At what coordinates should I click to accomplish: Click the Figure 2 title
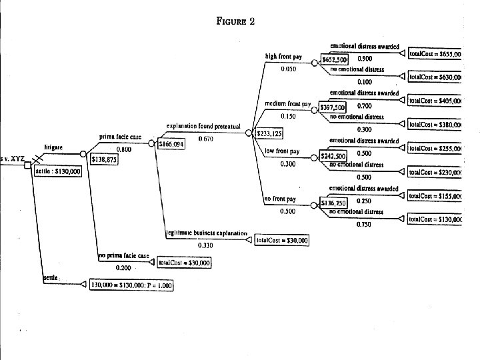[x=235, y=21]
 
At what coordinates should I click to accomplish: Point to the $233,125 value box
[x=269, y=134]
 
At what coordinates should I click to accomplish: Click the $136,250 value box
[x=333, y=203]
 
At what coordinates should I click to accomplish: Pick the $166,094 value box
[x=170, y=143]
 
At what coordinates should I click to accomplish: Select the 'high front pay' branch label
[x=283, y=57]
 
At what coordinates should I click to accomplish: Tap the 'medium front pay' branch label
[x=288, y=105]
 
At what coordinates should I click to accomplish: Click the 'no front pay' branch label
[x=280, y=199]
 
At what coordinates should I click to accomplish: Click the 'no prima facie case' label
[x=124, y=256]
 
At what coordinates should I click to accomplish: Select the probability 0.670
[x=205, y=139]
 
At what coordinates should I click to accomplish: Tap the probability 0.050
[x=289, y=69]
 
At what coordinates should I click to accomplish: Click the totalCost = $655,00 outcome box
[x=435, y=53]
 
